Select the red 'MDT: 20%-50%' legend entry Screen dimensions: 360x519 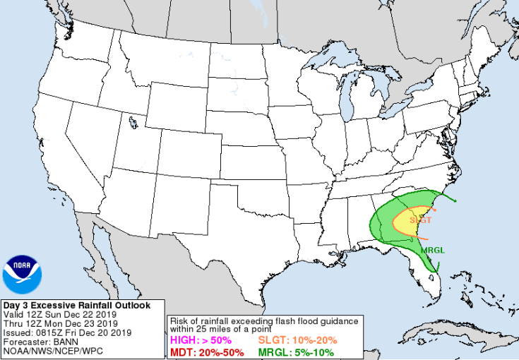(207, 352)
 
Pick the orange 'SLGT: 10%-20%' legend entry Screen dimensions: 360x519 (297, 340)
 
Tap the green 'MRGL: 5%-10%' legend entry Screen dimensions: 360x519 (296, 352)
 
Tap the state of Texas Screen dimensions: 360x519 (233, 226)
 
